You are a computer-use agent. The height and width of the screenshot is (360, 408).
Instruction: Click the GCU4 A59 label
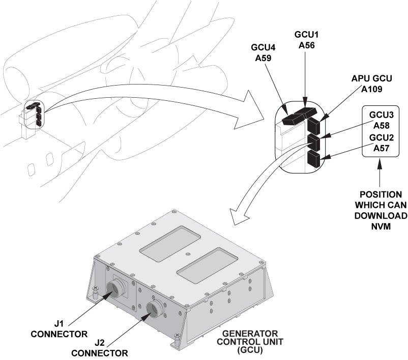[263, 52]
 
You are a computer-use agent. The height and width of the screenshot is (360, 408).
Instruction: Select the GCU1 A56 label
[307, 40]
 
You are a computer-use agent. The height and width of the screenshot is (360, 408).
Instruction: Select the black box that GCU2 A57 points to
[313, 159]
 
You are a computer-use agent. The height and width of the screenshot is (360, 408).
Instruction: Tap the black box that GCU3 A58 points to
[313, 141]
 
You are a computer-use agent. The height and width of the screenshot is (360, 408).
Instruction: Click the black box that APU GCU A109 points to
[315, 126]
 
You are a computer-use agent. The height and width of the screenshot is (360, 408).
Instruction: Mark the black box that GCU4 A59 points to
[292, 119]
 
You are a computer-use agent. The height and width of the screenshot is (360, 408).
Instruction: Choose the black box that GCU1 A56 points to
[308, 113]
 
